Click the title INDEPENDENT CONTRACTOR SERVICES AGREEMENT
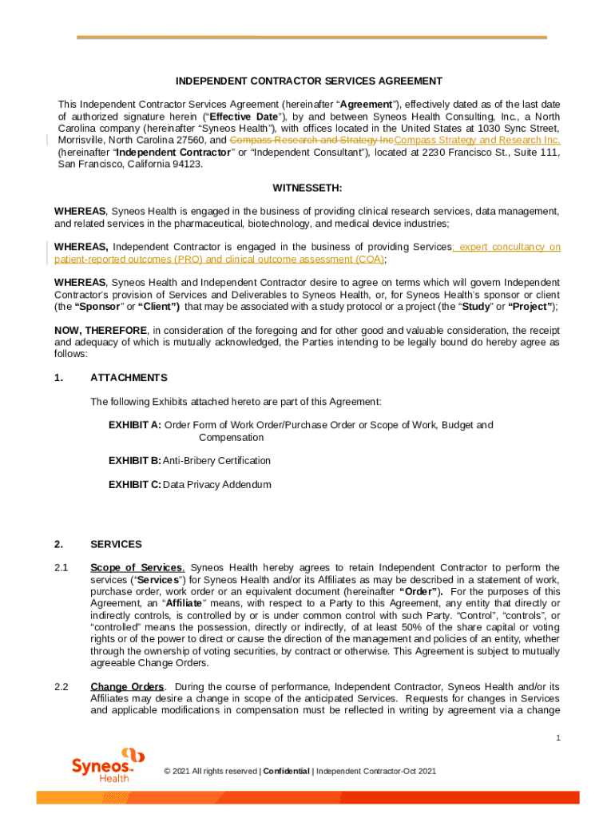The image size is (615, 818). (309, 81)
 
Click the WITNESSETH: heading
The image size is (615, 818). (307, 188)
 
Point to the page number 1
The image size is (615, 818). (557, 738)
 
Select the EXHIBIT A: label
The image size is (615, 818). (134, 425)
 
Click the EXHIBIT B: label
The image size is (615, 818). (134, 461)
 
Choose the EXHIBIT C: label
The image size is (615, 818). (134, 485)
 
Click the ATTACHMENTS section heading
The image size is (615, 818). (129, 378)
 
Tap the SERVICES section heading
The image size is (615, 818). (116, 544)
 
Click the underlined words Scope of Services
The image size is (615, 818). (137, 568)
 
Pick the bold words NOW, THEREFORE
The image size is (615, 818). (100, 330)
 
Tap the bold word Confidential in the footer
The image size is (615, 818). (287, 771)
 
